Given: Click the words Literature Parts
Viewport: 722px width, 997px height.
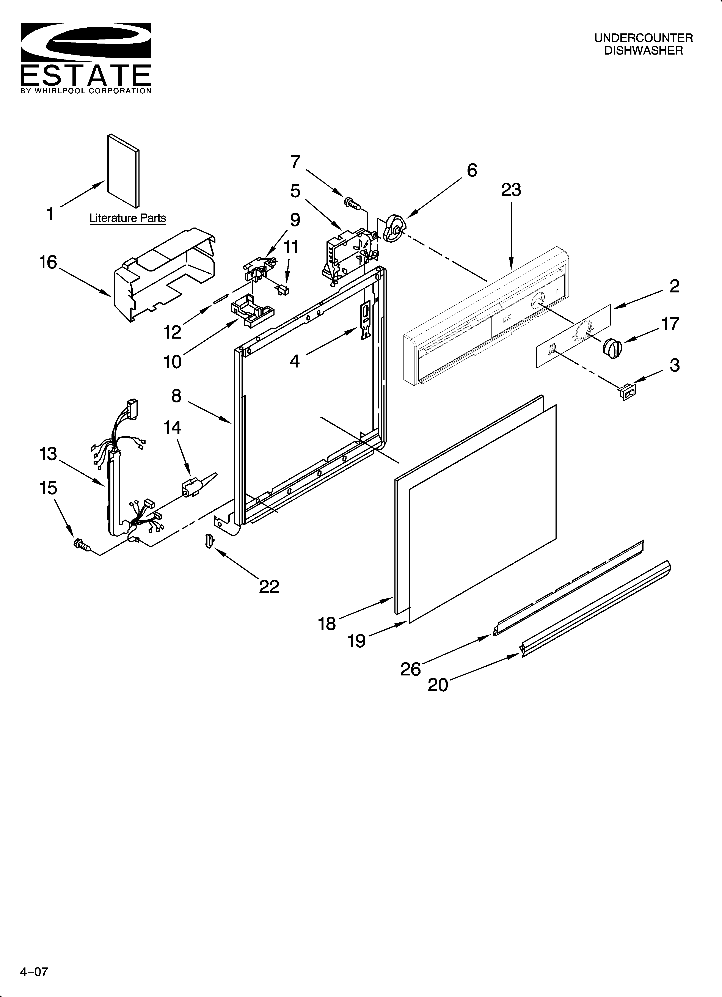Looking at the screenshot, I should point(127,218).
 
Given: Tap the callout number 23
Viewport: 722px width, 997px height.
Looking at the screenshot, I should point(511,190).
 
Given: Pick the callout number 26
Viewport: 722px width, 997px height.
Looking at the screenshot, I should point(410,669).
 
